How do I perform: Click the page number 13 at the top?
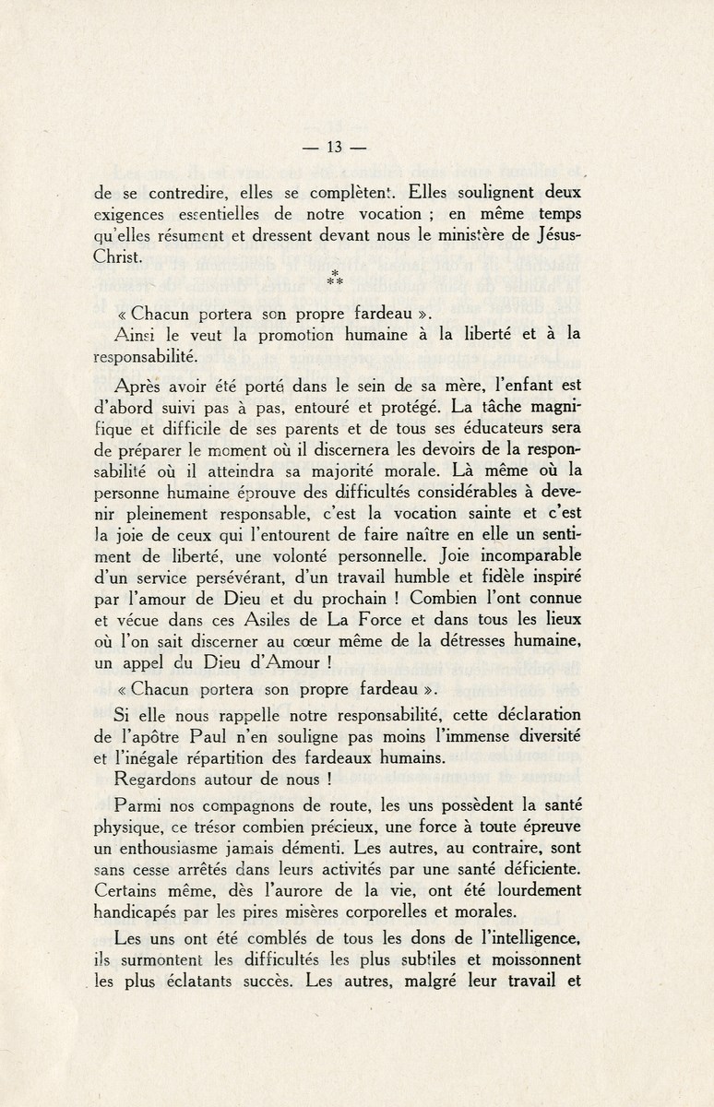[x=335, y=147]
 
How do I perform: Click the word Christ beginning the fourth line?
[x=119, y=258]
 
